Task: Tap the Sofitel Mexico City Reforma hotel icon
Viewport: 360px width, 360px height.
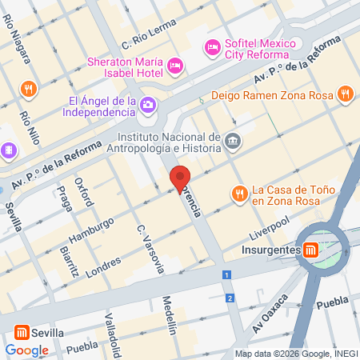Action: pos(213,46)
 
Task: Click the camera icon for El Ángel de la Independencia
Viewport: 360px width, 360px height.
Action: pos(148,105)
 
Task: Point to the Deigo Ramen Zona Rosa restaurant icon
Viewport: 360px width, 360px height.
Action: pos(346,94)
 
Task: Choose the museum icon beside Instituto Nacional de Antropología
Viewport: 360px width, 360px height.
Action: pos(232,141)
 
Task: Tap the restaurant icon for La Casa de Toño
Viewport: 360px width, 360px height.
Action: pos(238,194)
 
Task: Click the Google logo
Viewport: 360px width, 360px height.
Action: pos(26,350)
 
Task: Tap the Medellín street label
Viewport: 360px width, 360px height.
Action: pos(170,314)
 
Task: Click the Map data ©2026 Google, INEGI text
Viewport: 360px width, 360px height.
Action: pos(295,353)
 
